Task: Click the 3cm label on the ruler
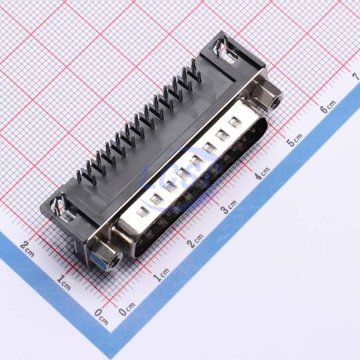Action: (x=229, y=207)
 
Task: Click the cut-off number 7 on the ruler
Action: (x=356, y=77)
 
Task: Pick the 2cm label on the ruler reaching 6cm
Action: (x=195, y=241)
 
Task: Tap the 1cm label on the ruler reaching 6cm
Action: (x=161, y=275)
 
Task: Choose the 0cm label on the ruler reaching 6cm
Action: (x=127, y=309)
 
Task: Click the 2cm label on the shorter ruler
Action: (x=27, y=249)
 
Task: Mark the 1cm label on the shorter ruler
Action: (x=63, y=283)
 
